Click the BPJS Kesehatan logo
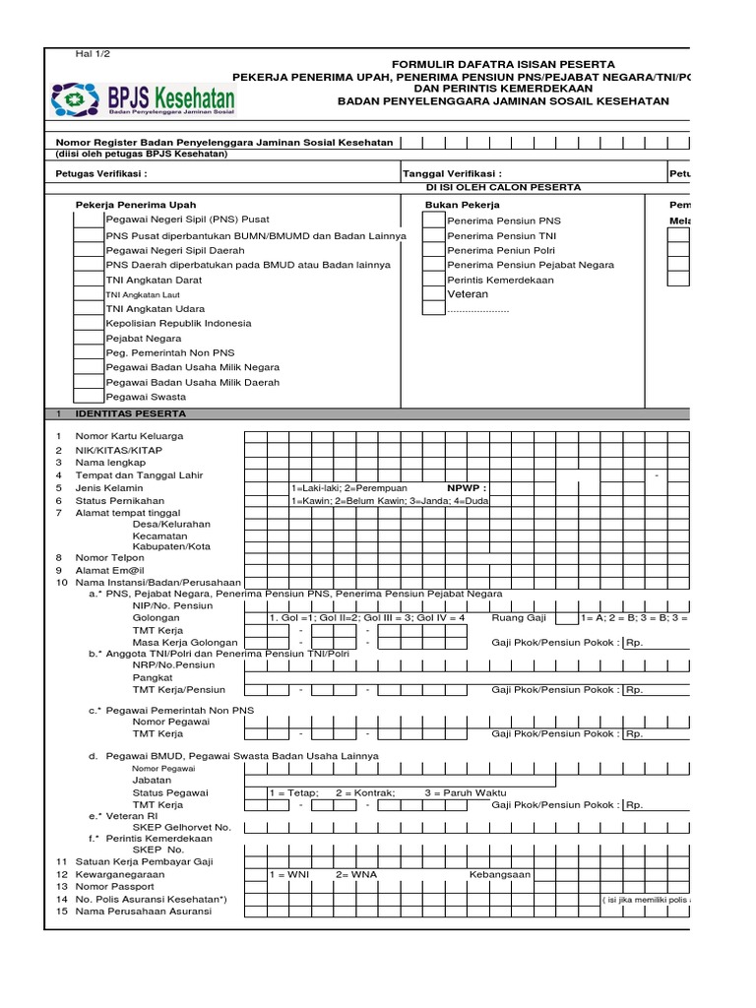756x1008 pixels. (x=145, y=98)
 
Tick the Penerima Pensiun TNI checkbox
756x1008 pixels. (x=433, y=236)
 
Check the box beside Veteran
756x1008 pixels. (x=433, y=294)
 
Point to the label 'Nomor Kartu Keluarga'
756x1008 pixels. (x=129, y=436)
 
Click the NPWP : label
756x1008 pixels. (x=467, y=487)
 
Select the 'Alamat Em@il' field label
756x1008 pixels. (x=114, y=570)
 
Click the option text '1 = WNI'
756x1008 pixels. (x=290, y=874)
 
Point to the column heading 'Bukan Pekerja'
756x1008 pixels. (x=462, y=205)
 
